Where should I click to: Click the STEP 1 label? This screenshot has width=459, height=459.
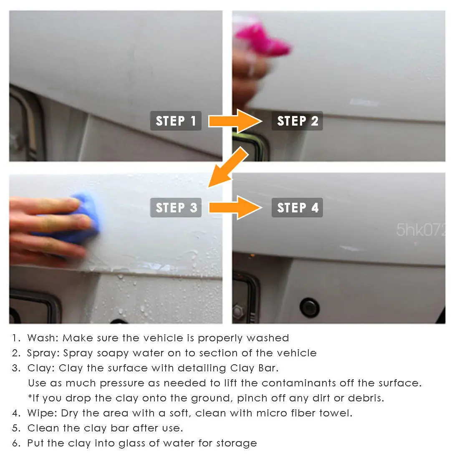point(176,121)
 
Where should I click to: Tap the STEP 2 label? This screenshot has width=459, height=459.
point(297,121)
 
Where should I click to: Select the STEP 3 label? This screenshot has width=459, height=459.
point(176,207)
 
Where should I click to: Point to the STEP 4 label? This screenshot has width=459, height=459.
point(297,207)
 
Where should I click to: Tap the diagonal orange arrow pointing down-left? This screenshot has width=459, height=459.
point(228,167)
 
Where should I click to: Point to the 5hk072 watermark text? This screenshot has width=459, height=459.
point(421,230)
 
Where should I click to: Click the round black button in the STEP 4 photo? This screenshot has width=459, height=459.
point(310,308)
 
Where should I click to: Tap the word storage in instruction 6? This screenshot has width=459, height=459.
point(237,444)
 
